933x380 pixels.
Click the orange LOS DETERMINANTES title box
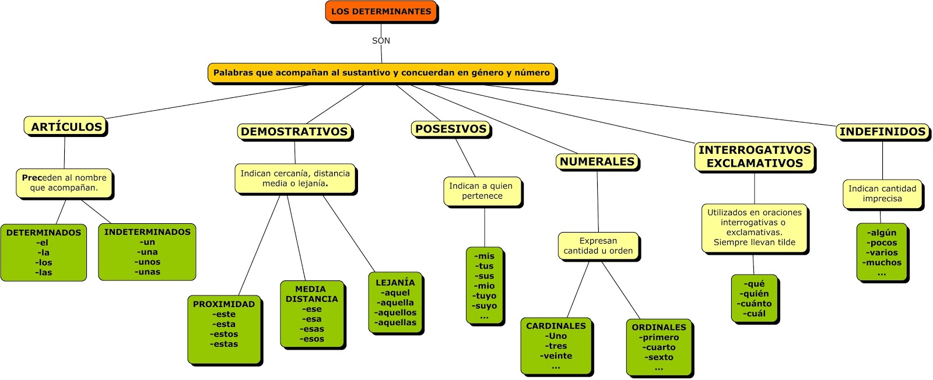[x=381, y=12]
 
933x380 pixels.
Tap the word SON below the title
[x=381, y=41]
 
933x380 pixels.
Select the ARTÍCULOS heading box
[x=65, y=126]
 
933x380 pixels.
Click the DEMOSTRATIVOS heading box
[x=294, y=132]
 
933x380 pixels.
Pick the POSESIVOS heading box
[x=451, y=129]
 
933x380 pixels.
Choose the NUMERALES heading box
[x=597, y=161]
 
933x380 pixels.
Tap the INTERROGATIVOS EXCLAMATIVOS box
[x=755, y=157]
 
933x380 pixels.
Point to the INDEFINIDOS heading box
[x=882, y=132]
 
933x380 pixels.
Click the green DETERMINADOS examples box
[x=44, y=252]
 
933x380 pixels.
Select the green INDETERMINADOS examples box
[x=147, y=252]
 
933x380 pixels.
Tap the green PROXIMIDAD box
[x=225, y=329]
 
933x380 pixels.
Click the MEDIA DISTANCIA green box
[x=312, y=314]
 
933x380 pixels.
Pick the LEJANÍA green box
[x=395, y=302]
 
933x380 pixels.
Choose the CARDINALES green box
[x=556, y=346]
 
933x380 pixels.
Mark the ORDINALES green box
[x=659, y=347]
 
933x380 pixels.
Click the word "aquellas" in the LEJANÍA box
[x=396, y=322]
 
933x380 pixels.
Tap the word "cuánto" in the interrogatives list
[x=755, y=304]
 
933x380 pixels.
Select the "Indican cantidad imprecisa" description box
[x=882, y=193]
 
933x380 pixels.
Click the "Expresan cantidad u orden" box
[x=598, y=245]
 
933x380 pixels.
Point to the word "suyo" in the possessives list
[x=485, y=305]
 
